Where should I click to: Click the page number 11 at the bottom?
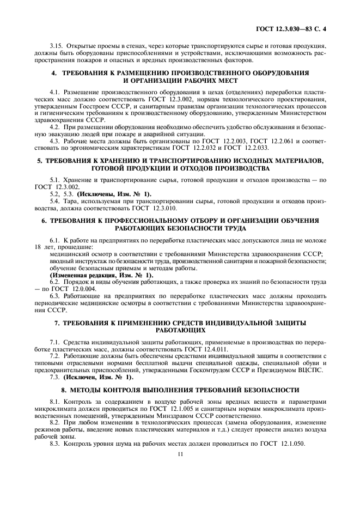pyautogui.click(x=180, y=453)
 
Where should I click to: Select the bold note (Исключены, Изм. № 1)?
pyautogui.click(x=114, y=195)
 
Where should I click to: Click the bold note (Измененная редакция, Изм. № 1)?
pyautogui.click(x=101, y=275)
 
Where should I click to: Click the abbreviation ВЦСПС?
pyautogui.click(x=310, y=370)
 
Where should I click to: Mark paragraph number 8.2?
pyautogui.click(x=54, y=422)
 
